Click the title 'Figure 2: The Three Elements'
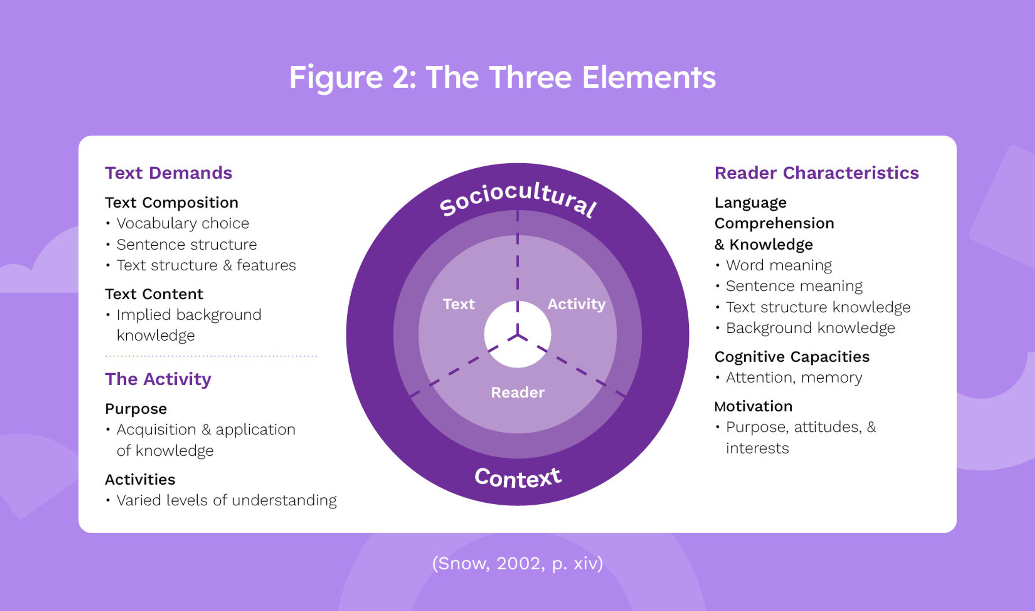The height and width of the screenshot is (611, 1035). [502, 77]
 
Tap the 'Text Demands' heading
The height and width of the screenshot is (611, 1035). [168, 173]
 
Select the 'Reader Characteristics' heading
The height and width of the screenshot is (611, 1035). [816, 173]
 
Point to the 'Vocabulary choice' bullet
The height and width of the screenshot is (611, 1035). [183, 224]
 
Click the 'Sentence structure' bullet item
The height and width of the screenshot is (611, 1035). [186, 244]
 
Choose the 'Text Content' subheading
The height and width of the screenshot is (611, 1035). [154, 294]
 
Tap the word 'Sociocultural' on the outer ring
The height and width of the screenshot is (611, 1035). [517, 198]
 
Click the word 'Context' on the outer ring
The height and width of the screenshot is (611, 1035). [517, 478]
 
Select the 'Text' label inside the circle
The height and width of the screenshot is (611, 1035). [459, 304]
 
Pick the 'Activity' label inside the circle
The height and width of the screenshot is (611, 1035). [576, 304]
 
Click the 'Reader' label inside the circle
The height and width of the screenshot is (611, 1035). [517, 393]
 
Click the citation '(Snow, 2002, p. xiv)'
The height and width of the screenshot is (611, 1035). [517, 563]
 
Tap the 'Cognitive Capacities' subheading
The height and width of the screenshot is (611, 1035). [791, 357]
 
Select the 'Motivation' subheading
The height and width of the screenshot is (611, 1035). [753, 406]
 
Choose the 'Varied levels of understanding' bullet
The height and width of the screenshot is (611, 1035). [226, 500]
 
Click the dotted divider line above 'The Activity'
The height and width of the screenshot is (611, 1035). [211, 356]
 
